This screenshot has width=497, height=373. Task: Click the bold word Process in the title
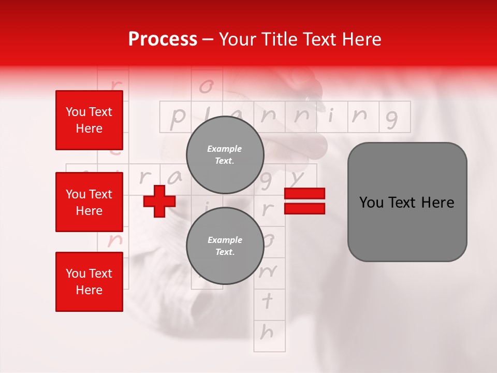[x=163, y=39]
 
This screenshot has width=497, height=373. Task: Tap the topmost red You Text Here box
[x=89, y=120]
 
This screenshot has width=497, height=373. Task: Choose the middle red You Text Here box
[x=89, y=202]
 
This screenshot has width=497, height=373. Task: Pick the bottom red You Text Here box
[x=89, y=281]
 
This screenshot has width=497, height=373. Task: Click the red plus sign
[x=159, y=201]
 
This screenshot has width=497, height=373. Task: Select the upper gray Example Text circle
[x=225, y=155]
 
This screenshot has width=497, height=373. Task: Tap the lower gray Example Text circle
[x=225, y=246]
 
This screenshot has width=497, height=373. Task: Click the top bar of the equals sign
[x=304, y=193]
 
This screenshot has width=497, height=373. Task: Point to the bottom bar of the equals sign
[x=304, y=208]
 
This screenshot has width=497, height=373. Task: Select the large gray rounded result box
[x=407, y=202]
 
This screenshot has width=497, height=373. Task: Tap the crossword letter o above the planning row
[x=206, y=86]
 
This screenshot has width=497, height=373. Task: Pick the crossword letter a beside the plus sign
[x=176, y=178]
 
